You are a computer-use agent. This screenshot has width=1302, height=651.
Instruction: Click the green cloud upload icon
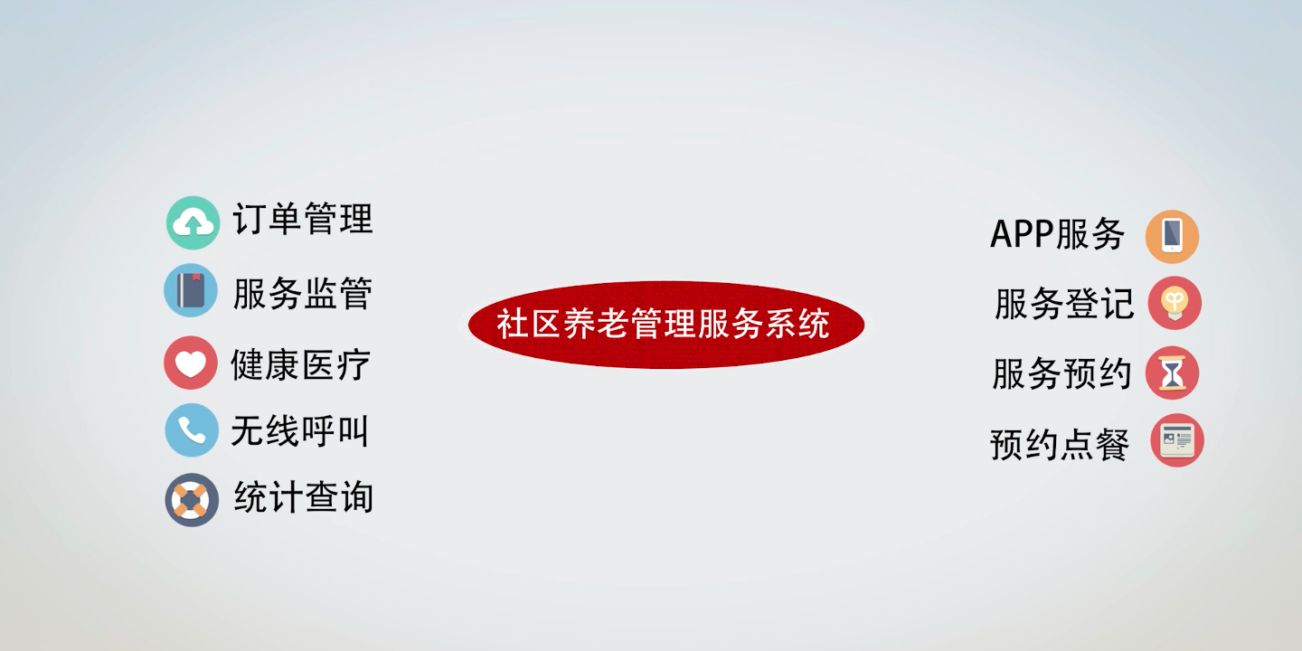[x=193, y=222]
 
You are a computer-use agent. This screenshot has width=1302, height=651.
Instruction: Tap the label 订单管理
[x=303, y=219]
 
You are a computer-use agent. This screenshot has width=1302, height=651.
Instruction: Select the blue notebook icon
[x=191, y=290]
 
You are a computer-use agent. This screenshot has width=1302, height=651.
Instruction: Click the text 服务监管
[x=303, y=293]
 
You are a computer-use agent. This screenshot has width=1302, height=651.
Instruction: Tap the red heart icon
[x=191, y=363]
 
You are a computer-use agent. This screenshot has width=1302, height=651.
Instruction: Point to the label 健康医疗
[x=301, y=365]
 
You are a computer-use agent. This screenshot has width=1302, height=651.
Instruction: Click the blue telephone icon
[x=192, y=430]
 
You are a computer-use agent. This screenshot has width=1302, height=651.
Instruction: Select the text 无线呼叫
[x=300, y=431]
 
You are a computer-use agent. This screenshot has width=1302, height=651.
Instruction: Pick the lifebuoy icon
[x=192, y=500]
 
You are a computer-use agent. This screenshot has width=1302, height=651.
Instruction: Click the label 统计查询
[x=304, y=497]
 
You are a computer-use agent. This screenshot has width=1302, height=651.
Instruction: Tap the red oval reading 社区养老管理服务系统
[x=666, y=325]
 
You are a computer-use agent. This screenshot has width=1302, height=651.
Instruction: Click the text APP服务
[x=1057, y=234]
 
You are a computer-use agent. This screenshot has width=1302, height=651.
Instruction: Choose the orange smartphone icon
[x=1173, y=237]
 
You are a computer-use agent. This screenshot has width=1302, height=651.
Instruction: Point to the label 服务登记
[x=1064, y=304]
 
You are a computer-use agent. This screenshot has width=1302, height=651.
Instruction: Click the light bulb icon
[x=1175, y=303]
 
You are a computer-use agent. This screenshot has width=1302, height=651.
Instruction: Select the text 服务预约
[x=1061, y=373]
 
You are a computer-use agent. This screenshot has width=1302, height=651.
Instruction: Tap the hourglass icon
[x=1173, y=373]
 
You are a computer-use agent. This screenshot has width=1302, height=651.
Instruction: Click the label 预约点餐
[x=1060, y=445]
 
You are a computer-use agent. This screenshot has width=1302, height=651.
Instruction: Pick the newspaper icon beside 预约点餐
[x=1177, y=440]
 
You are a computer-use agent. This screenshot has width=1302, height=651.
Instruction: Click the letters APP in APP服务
[x=1022, y=234]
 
